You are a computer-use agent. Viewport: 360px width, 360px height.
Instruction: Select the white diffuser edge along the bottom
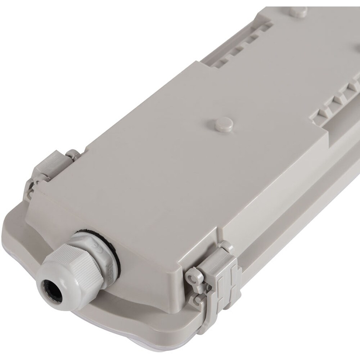108,346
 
